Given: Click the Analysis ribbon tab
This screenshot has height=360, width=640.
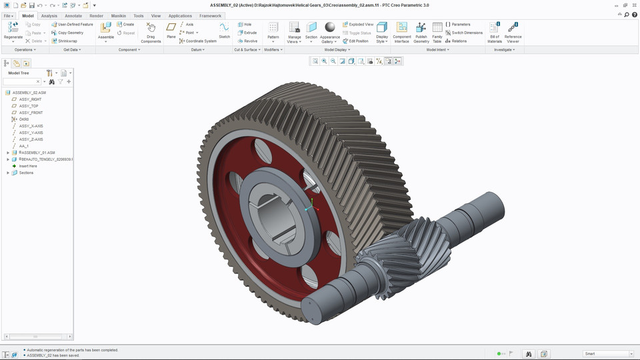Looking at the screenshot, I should [x=49, y=15].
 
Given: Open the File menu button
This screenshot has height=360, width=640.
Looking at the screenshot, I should [x=8, y=15].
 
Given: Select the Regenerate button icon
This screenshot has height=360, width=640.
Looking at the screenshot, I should [x=13, y=28].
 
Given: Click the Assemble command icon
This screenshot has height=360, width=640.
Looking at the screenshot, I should [x=106, y=28].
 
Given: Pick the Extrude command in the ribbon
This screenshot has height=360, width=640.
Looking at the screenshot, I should [x=247, y=32].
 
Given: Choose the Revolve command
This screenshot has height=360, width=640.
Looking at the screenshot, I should [x=247, y=41].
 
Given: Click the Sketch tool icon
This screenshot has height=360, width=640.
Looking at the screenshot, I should [x=224, y=28].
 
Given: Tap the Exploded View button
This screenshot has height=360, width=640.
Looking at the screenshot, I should [x=358, y=24].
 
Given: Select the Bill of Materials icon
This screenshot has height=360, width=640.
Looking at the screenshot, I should [x=495, y=28].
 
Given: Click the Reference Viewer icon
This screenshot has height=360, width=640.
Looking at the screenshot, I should [x=513, y=28].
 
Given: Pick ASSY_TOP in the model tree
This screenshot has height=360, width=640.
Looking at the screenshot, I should [x=29, y=106].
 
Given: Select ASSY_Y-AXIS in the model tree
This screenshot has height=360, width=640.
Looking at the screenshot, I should [x=31, y=133].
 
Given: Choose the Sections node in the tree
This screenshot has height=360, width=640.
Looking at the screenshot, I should [x=26, y=173].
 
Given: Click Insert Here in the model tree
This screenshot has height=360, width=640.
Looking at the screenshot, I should [x=28, y=166].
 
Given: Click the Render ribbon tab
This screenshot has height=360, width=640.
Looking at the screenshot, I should [x=96, y=15].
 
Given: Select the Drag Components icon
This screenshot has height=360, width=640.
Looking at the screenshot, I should [x=151, y=28].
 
